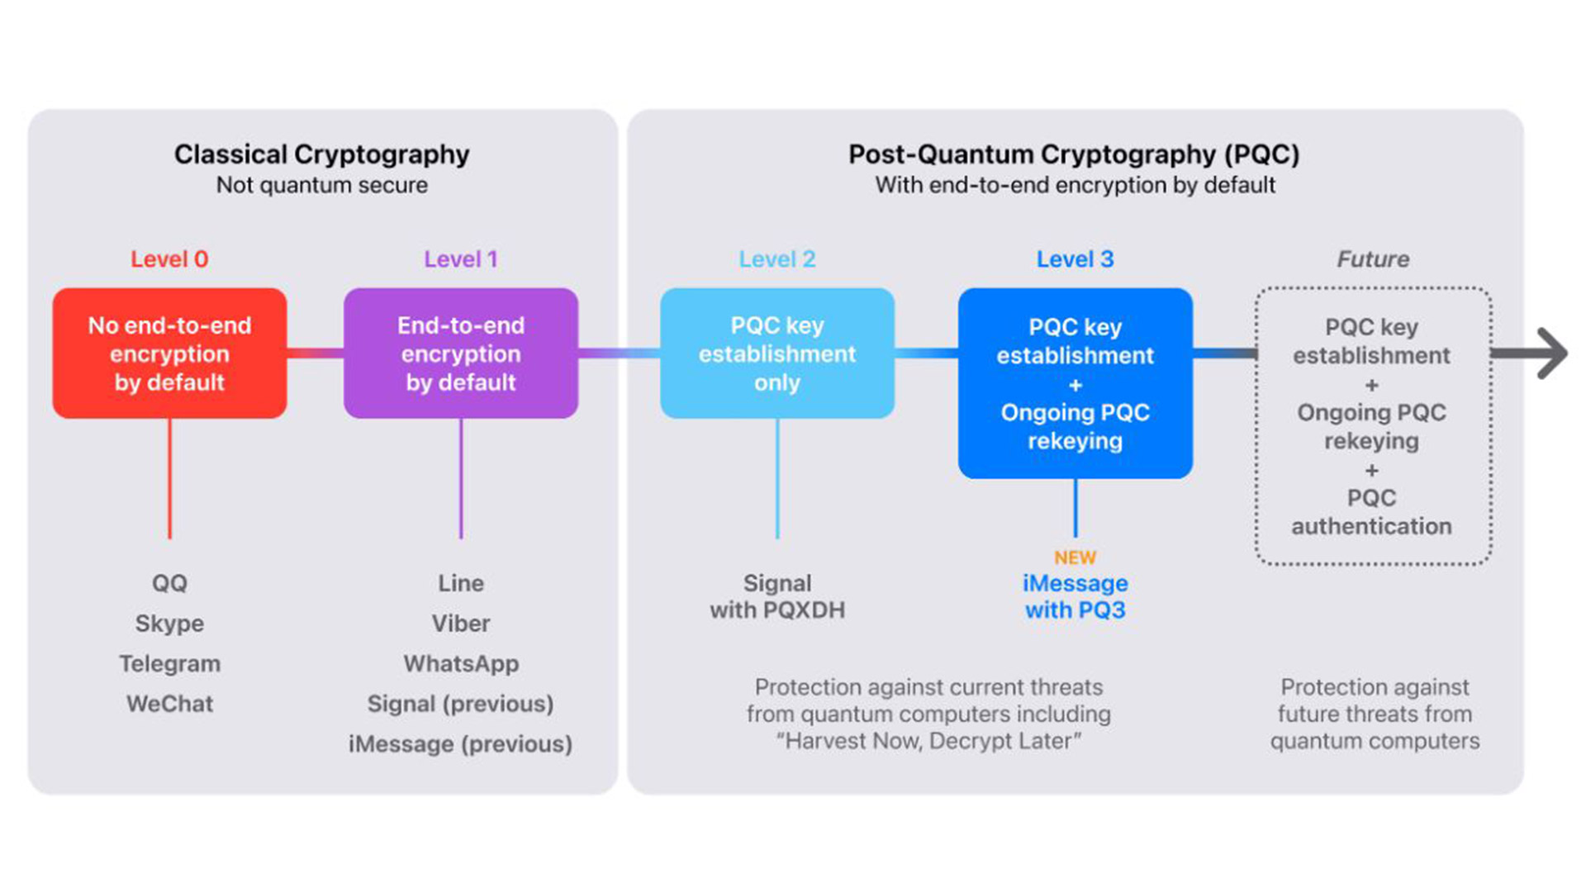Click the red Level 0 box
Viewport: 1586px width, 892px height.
[169, 353]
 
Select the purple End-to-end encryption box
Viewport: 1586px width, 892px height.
[461, 353]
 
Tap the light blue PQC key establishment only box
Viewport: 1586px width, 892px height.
[777, 353]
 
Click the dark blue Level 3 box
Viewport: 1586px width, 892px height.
[1075, 383]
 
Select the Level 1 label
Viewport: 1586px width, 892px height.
[461, 259]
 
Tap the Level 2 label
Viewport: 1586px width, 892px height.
[777, 259]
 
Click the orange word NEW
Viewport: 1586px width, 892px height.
[1075, 557]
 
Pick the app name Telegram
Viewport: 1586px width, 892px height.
[169, 664]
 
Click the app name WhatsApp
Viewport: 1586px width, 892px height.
[461, 664]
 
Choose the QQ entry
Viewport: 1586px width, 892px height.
[169, 583]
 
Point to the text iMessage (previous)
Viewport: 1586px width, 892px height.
[460, 744]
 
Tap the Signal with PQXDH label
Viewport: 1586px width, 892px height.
[777, 596]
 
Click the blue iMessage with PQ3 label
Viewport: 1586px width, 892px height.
[1075, 596]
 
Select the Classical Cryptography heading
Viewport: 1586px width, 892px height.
[321, 154]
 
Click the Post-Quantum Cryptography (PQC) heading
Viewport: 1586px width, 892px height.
[1074, 154]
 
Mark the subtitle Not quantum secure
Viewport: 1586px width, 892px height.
[321, 185]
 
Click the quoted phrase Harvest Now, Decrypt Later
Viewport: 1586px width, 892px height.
[928, 741]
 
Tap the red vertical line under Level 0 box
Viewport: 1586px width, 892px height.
[169, 478]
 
